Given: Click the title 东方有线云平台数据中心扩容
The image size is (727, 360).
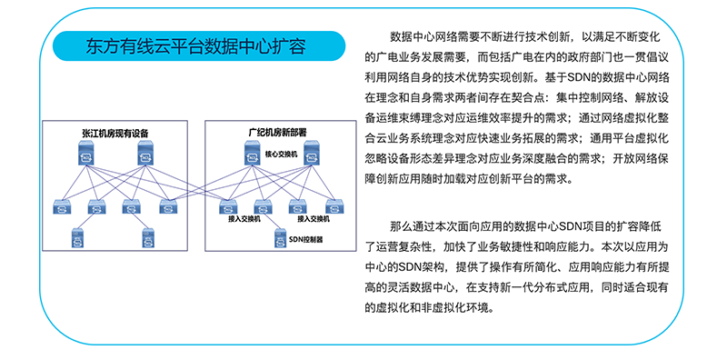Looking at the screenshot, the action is click(x=195, y=46).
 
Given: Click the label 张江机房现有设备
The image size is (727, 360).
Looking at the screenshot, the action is click(x=115, y=133).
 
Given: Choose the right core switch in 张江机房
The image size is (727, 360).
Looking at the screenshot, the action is click(x=146, y=153).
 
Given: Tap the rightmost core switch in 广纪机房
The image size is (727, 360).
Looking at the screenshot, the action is click(x=312, y=153).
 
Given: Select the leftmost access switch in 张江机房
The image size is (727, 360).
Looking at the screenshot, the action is click(x=62, y=206).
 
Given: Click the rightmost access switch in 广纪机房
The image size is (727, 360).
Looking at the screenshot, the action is click(x=334, y=206).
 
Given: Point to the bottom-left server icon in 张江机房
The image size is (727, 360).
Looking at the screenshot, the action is click(x=76, y=237).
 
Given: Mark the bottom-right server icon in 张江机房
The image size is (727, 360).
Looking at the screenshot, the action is click(x=147, y=237).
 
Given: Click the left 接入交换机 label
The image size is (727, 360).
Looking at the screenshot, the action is click(x=244, y=219).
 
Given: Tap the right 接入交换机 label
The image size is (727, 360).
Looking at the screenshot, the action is click(x=314, y=219).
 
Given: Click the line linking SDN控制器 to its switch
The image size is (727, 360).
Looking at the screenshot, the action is click(x=271, y=222).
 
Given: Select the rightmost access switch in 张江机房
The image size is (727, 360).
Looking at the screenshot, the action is click(x=168, y=206).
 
